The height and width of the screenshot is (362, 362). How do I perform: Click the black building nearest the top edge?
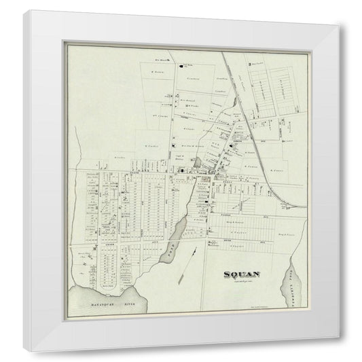coord(181,67)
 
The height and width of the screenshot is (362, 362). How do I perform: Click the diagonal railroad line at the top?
coord(231,82)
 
